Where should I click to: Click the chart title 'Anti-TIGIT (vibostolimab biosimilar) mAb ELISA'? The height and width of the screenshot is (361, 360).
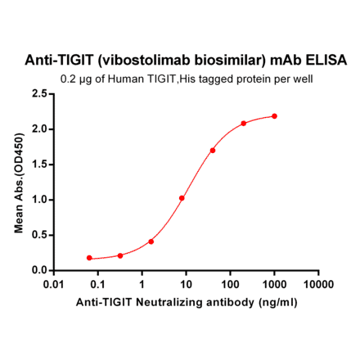187,61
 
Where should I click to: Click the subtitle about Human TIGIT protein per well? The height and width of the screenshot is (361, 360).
187,79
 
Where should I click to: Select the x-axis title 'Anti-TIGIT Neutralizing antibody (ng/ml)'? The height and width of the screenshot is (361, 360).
186,302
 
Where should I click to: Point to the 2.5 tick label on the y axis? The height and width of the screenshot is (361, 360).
38,94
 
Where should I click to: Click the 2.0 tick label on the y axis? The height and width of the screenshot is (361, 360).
38,129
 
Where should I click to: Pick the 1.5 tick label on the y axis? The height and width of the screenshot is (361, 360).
38,165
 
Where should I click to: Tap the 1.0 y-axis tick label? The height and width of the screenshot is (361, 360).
38,200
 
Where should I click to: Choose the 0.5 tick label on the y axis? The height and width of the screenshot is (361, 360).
38,235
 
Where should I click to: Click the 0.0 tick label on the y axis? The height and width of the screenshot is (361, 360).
38,270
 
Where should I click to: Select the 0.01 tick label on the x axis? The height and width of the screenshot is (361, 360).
54,284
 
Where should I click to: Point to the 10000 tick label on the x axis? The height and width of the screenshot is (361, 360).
317,284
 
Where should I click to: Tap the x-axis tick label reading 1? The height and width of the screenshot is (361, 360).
142,284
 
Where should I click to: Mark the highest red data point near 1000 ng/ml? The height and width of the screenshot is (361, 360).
274,116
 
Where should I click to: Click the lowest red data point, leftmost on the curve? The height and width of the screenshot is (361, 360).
89,258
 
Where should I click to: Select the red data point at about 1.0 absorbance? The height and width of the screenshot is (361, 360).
182,198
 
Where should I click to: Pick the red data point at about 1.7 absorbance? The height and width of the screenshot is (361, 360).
213,151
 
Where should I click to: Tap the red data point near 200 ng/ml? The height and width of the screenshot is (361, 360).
244,124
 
